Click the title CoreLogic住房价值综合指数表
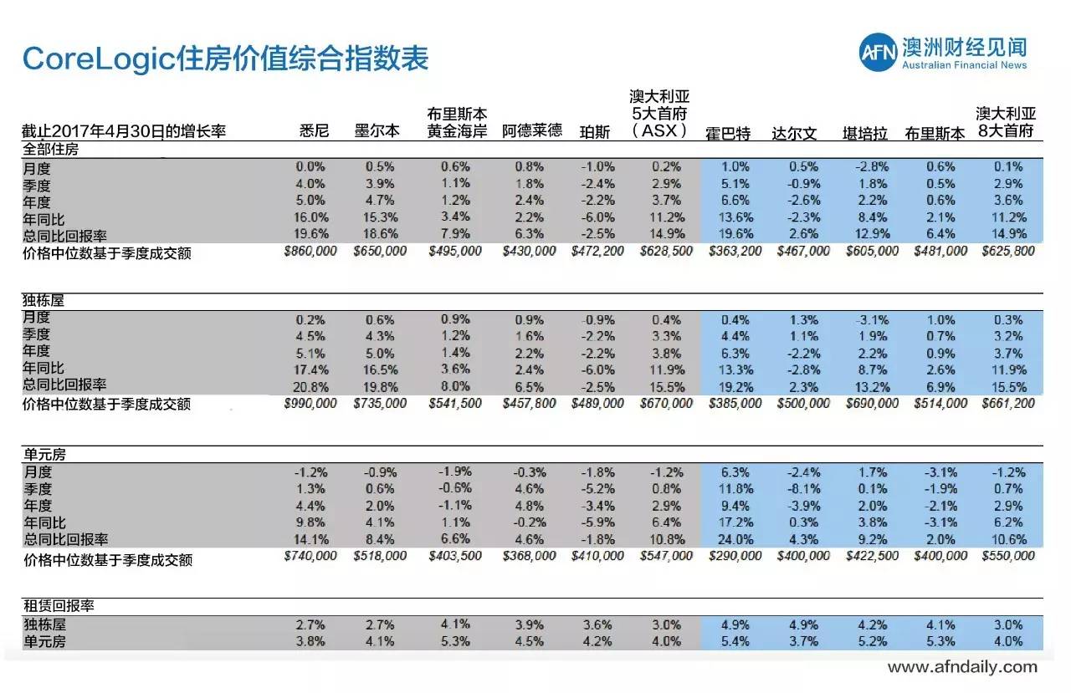click(225, 59)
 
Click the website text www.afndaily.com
click(962, 667)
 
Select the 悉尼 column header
click(315, 132)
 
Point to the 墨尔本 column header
click(377, 132)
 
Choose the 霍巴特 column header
click(728, 133)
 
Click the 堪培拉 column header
click(864, 133)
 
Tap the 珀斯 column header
click(594, 132)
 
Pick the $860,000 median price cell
click(310, 251)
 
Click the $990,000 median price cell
click(310, 403)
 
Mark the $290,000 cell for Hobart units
click(735, 556)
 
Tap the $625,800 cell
click(1008, 251)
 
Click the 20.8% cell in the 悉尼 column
click(312, 386)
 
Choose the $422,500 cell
click(873, 556)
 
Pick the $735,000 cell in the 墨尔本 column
click(380, 403)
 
